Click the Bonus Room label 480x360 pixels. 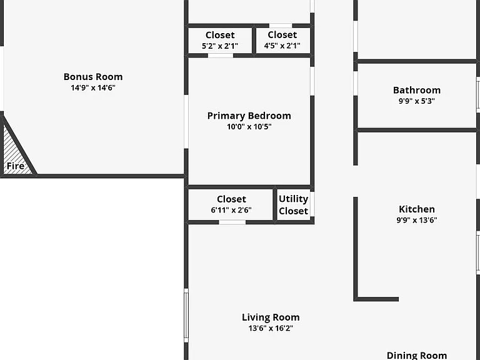(93, 76)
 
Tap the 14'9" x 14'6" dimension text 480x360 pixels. (93, 88)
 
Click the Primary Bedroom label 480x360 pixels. (249, 116)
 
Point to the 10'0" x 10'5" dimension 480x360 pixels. (249, 127)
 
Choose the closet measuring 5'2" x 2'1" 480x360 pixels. (220, 41)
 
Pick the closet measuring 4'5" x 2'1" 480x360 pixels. (282, 40)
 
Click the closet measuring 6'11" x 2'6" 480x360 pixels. (231, 204)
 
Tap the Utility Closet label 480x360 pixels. (294, 205)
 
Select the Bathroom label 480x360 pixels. (417, 90)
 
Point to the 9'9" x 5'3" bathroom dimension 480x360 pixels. (417, 101)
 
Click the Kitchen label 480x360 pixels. (417, 209)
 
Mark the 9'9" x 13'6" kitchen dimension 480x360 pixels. (417, 220)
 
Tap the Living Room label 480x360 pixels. (271, 317)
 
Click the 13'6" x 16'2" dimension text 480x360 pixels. (271, 328)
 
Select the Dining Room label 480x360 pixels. (417, 356)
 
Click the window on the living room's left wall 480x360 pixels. (186, 315)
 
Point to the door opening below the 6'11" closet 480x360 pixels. (232, 222)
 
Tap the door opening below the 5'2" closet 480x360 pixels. (221, 56)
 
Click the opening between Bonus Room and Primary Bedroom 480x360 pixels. (186, 122)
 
